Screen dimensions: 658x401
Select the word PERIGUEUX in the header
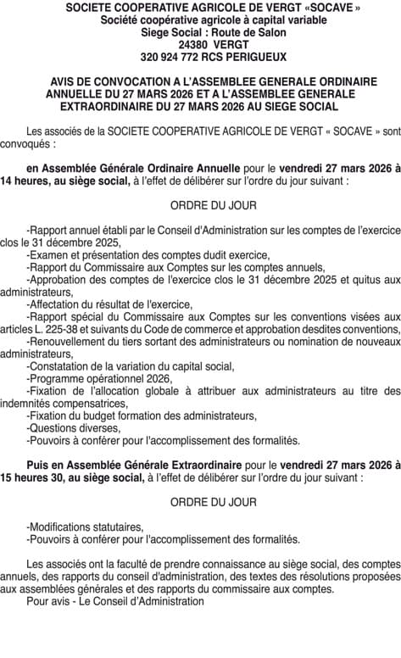[248, 58]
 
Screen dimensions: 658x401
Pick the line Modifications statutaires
[85, 527]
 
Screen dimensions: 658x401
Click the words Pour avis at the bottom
[47, 601]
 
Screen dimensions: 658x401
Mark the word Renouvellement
[69, 342]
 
